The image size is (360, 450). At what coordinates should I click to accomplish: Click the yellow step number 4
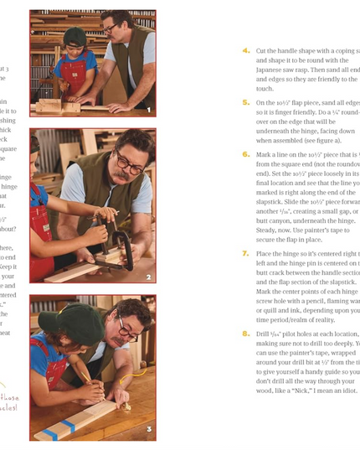pos(246,50)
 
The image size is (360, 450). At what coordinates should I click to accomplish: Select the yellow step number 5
pos(246,101)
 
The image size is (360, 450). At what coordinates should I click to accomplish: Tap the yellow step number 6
pos(246,154)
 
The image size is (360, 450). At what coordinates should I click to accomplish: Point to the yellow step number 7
pos(246,252)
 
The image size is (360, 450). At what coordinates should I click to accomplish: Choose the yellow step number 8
pos(246,333)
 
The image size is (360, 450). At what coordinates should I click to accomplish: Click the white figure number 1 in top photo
pos(148,109)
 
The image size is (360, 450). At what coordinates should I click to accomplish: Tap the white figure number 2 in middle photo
pos(148,277)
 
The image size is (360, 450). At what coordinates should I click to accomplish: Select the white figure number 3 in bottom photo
pos(148,431)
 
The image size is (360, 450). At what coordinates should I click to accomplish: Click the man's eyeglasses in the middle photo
pos(127,161)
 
